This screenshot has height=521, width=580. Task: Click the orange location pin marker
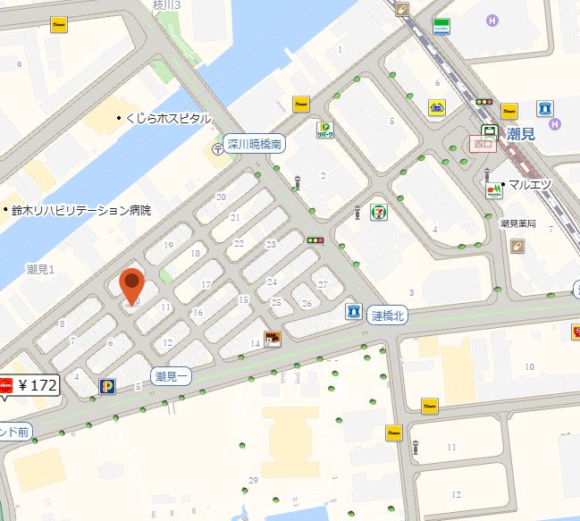pyautogui.click(x=132, y=285)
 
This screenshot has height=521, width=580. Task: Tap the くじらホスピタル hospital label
pyautogui.click(x=167, y=118)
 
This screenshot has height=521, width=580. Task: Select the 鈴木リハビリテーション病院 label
pyautogui.click(x=80, y=211)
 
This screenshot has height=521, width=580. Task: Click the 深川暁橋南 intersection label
pyautogui.click(x=254, y=143)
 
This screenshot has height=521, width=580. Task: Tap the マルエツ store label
pyautogui.click(x=531, y=184)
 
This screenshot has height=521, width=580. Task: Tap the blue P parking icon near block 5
pyautogui.click(x=107, y=386)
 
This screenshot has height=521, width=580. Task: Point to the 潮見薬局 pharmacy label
pyautogui.click(x=517, y=223)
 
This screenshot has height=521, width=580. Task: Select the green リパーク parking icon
pyautogui.click(x=324, y=130)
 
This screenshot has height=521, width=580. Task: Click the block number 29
pyautogui.click(x=254, y=481)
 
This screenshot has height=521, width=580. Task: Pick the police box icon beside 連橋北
pyautogui.click(x=354, y=312)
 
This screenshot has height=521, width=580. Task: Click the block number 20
pyautogui.click(x=221, y=196)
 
